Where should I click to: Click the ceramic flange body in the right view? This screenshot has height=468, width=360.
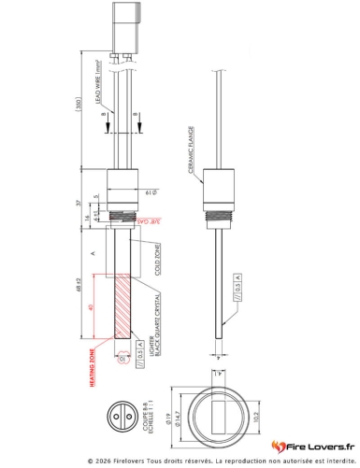click(217, 192)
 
